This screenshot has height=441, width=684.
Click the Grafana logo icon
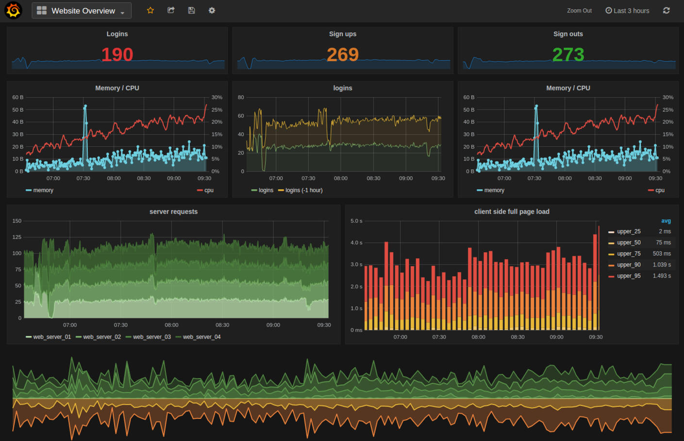[x=13, y=10]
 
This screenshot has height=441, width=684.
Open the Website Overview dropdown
[x=82, y=11]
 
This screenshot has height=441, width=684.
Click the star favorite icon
[x=150, y=10]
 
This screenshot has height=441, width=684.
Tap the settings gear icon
[x=212, y=10]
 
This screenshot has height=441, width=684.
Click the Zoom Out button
[x=579, y=11]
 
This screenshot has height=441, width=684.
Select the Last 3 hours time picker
[x=627, y=11]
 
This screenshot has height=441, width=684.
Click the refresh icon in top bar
[x=667, y=10]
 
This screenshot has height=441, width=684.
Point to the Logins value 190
[x=117, y=54]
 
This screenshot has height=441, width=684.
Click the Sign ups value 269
[x=343, y=54]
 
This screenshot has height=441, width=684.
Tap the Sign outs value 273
[x=568, y=54]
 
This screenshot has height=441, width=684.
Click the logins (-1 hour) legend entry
[x=303, y=190]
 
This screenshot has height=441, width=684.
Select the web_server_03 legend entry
[x=151, y=337]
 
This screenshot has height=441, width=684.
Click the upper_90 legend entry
[x=628, y=265]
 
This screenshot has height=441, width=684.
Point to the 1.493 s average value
[x=662, y=276]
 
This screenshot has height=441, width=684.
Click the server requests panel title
[x=173, y=212]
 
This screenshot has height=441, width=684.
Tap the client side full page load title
[x=512, y=212]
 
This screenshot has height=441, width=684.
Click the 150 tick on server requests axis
[x=17, y=221]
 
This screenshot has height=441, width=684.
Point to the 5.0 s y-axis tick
[x=356, y=221]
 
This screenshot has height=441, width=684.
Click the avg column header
[x=666, y=221]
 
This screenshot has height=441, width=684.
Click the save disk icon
[x=191, y=10]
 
